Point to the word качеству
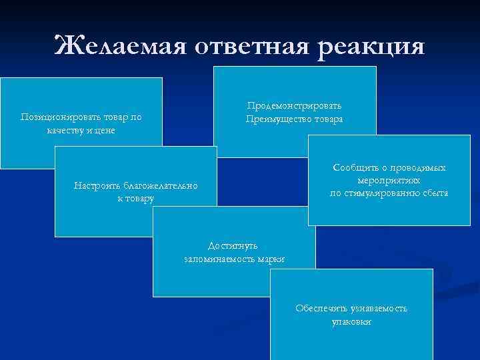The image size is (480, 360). point(67,129)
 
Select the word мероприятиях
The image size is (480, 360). point(390,180)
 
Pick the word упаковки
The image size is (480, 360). point(351,321)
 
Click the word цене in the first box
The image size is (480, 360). point(105,129)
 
